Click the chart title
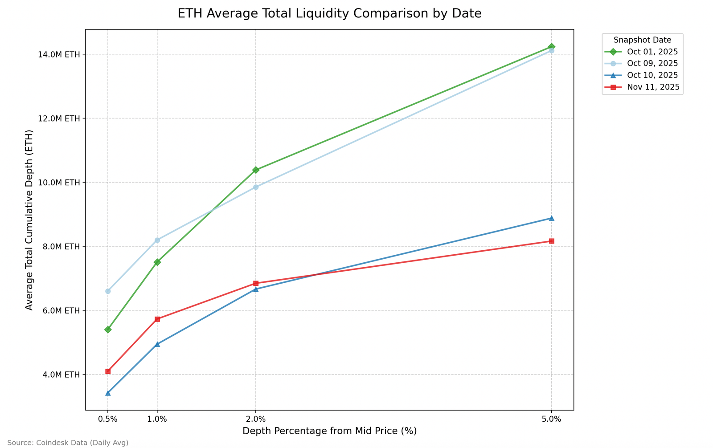pyautogui.click(x=329, y=13)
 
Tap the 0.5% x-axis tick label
pyautogui.click(x=108, y=419)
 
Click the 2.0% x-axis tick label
pyautogui.click(x=255, y=419)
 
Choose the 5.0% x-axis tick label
pyautogui.click(x=551, y=419)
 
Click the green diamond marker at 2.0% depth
pyautogui.click(x=255, y=170)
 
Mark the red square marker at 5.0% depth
pyautogui.click(x=551, y=241)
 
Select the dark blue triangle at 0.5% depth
pyautogui.click(x=108, y=393)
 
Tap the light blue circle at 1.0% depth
pyautogui.click(x=157, y=240)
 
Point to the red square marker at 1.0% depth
pyautogui.click(x=157, y=319)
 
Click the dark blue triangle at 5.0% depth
pyautogui.click(x=551, y=218)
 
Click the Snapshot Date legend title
pyautogui.click(x=642, y=40)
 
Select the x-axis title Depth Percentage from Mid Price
pyautogui.click(x=329, y=431)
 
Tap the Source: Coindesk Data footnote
pyautogui.click(x=68, y=443)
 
